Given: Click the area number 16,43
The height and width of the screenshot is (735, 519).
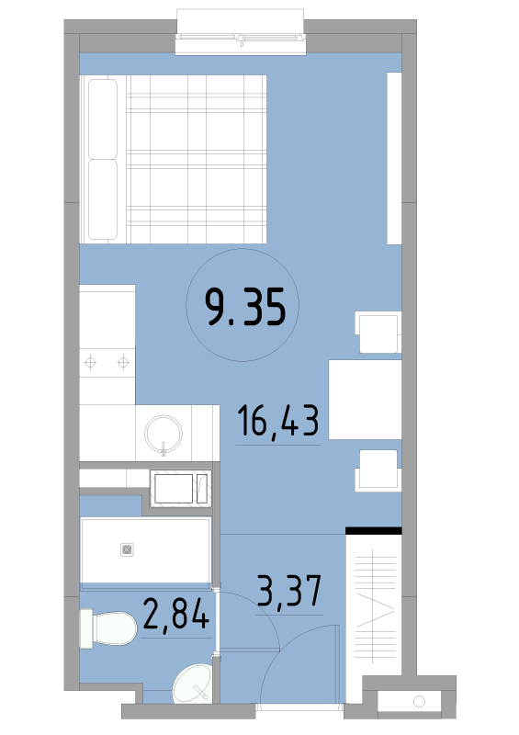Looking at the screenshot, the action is [278, 421].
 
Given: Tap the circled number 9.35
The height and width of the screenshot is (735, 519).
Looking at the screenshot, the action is [245, 307].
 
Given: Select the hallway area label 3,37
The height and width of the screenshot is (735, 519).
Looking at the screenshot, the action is [289, 592].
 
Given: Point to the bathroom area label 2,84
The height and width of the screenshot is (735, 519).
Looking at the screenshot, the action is [175, 614].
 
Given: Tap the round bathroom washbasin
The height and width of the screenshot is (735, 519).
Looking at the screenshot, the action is [193, 684].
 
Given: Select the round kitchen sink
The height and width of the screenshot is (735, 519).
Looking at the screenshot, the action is [164, 434].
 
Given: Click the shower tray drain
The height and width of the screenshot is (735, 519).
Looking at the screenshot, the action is [127, 549].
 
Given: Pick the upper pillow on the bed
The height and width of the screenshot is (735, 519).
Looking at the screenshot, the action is [103, 119].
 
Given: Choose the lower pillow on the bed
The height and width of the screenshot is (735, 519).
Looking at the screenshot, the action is [103, 199].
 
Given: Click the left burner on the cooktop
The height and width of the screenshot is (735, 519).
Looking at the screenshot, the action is [90, 362].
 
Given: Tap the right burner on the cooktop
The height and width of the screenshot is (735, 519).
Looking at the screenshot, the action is [123, 362].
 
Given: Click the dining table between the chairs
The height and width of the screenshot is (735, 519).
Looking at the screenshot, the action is [366, 400].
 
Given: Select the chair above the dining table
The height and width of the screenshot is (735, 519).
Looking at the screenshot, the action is [378, 332].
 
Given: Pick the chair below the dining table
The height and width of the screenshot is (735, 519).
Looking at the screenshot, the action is [378, 470].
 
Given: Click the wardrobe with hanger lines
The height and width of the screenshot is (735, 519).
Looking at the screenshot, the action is [374, 605].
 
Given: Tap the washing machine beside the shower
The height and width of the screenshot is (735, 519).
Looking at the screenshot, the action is [181, 489].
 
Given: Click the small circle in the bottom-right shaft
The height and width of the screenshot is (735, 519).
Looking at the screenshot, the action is [419, 701].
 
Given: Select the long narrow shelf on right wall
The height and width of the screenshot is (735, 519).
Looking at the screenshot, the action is [394, 158].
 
